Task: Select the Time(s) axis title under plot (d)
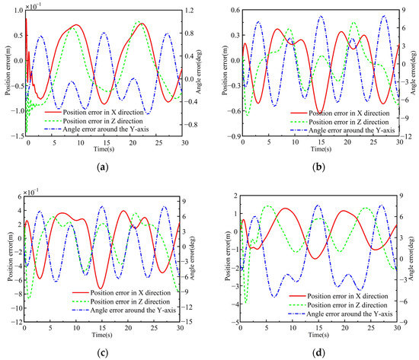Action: click(319, 333)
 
